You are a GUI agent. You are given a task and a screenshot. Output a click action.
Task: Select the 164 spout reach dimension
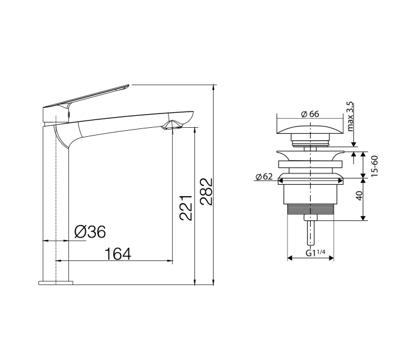pos(118,254)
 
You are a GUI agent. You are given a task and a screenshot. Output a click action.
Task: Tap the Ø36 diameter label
pos(89,232)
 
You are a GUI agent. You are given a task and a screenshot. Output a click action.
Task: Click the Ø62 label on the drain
pos(264,176)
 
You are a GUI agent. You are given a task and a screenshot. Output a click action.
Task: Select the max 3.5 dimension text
pos(350,116)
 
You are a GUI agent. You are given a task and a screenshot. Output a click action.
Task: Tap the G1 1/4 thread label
pos(314,253)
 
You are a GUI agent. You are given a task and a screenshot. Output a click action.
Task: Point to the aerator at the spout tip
pos(172,125)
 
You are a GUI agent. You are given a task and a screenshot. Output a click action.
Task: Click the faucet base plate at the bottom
pos(56,282)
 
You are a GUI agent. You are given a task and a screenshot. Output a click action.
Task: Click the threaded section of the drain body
pos(311,208)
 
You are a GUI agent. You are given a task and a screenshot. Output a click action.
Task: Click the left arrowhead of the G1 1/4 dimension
pos(290,259)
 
